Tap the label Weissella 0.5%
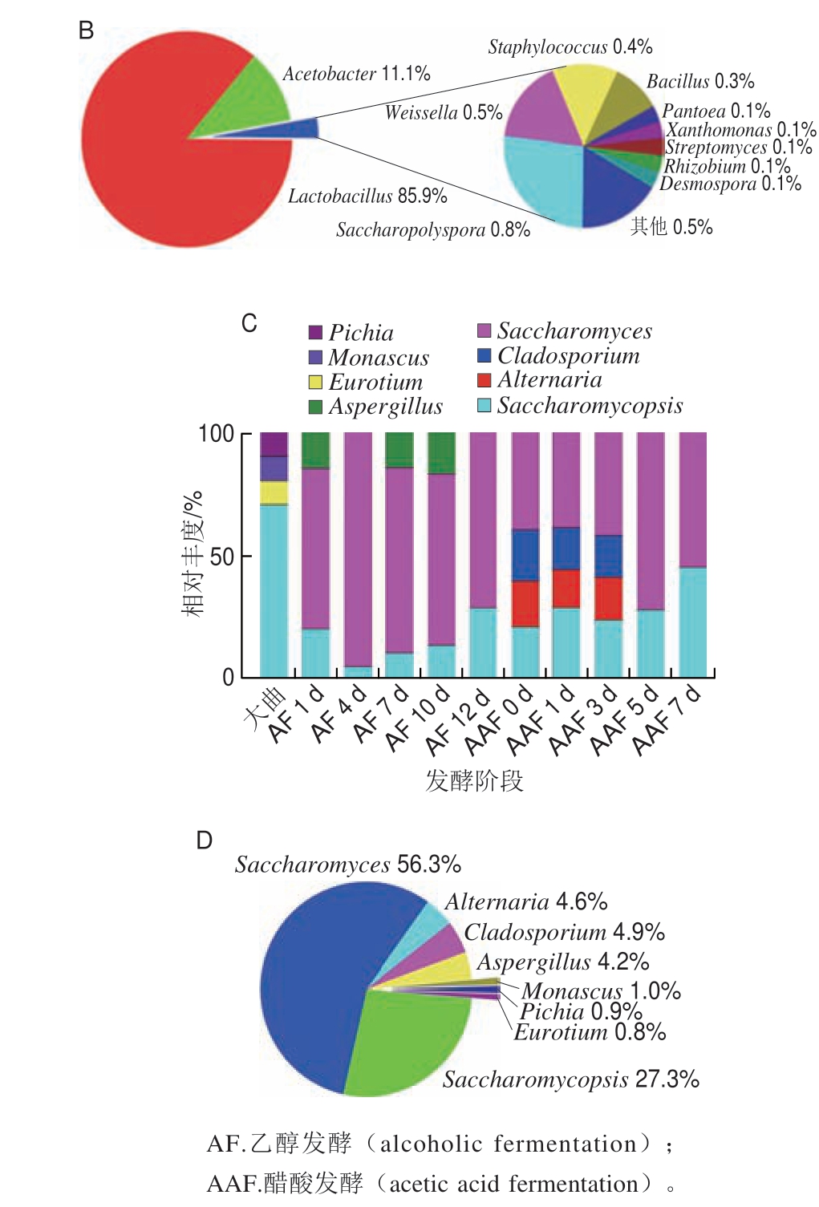[x=443, y=112]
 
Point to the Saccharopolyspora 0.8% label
[x=433, y=230]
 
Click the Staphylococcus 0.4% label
[x=570, y=47]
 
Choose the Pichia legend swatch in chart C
[x=316, y=332]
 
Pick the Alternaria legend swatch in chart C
[x=484, y=379]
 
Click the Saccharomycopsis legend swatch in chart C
[x=484, y=405]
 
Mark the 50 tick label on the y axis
[x=221, y=557]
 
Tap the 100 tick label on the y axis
[x=216, y=434]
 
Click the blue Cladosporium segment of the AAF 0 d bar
[x=525, y=555]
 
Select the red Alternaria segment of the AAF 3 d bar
[x=608, y=598]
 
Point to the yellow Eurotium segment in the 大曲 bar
[x=274, y=492]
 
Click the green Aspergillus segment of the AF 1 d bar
[x=315, y=450]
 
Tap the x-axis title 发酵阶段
[x=474, y=780]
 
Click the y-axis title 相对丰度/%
[x=193, y=553]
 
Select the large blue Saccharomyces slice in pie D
[x=313, y=962]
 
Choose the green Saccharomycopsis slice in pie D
[x=401, y=1043]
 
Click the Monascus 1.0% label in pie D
[x=601, y=990]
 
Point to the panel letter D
[x=205, y=840]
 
